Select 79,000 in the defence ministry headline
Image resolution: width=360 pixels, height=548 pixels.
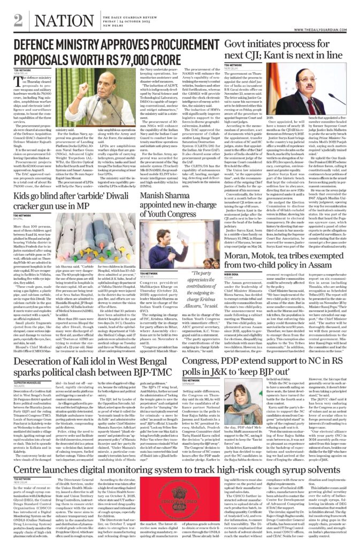(179, 59)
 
